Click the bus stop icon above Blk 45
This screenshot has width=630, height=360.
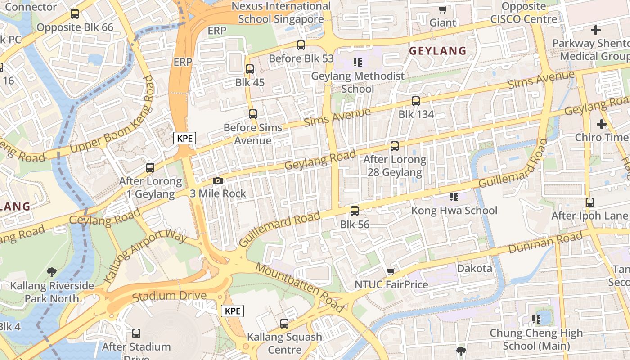pyautogui.click(x=249, y=69)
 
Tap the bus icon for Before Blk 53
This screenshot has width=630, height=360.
pyautogui.click(x=301, y=45)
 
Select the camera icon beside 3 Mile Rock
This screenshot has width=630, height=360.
pyautogui.click(x=218, y=180)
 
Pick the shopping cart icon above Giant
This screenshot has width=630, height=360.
pyautogui.click(x=443, y=9)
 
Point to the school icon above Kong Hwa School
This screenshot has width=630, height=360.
pyautogui.click(x=454, y=197)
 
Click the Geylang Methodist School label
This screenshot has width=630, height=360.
pyautogui.click(x=358, y=82)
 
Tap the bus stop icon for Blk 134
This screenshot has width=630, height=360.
pyautogui.click(x=416, y=101)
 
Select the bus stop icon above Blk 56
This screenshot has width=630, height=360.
pyautogui.click(x=355, y=211)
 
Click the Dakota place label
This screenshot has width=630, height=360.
pyautogui.click(x=474, y=269)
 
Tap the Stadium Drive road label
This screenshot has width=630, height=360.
pyautogui.click(x=169, y=296)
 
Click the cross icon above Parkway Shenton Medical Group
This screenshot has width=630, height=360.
pyautogui.click(x=596, y=30)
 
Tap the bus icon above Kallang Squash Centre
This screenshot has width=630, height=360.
pyautogui.click(x=284, y=323)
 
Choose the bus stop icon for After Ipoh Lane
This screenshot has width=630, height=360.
pyautogui.click(x=589, y=202)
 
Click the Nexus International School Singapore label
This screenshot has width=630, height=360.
pyautogui.click(x=281, y=13)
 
